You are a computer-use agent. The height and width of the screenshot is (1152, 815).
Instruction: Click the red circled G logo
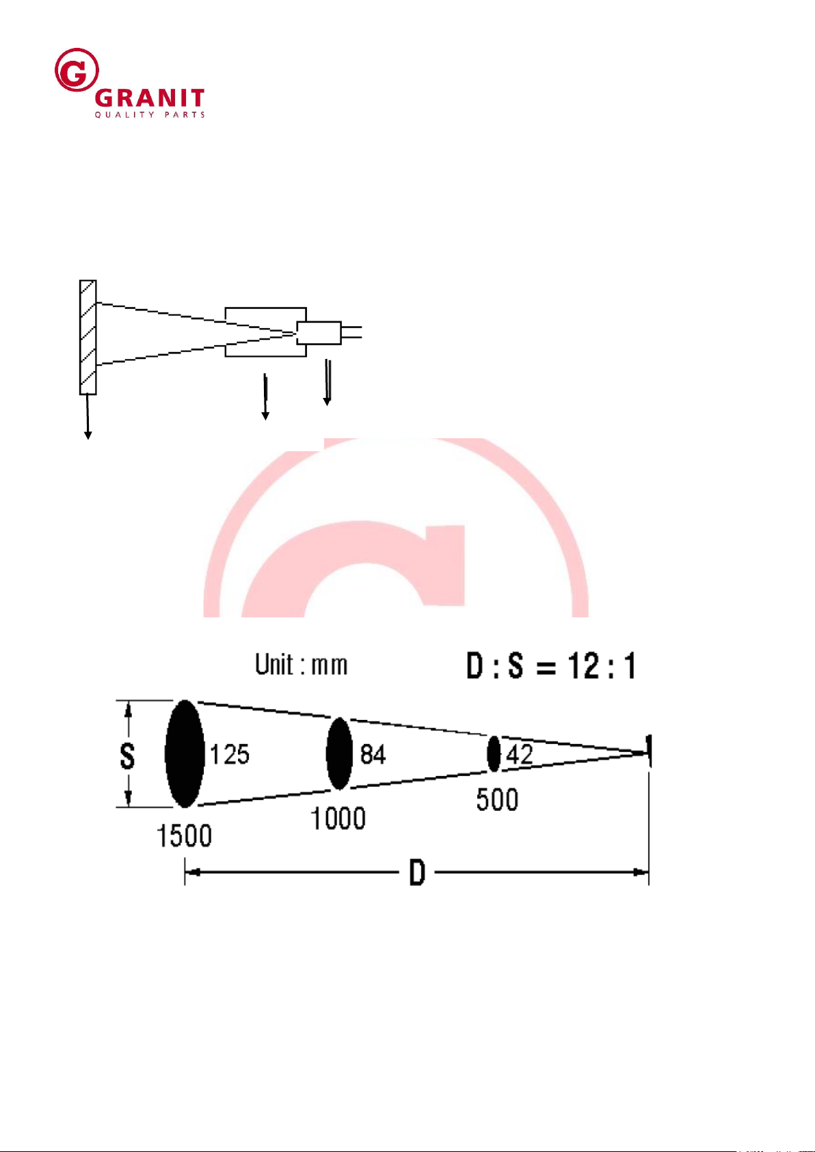[77, 70]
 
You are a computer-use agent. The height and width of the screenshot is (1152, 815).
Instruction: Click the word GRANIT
[150, 98]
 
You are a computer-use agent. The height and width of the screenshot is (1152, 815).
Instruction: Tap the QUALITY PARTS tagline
[150, 115]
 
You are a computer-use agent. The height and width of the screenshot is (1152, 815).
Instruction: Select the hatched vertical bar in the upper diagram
[88, 337]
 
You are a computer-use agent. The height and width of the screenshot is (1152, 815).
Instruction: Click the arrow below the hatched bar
[88, 417]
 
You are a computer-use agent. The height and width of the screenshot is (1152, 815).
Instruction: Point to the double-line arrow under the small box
[327, 383]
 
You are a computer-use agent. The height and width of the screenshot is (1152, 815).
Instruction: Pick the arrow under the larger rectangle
[265, 397]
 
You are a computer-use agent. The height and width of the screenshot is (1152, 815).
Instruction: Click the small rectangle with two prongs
[330, 333]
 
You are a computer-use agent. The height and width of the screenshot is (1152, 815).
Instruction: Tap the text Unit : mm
[302, 665]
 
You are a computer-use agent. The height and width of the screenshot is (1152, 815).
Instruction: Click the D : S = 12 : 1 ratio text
[551, 665]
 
